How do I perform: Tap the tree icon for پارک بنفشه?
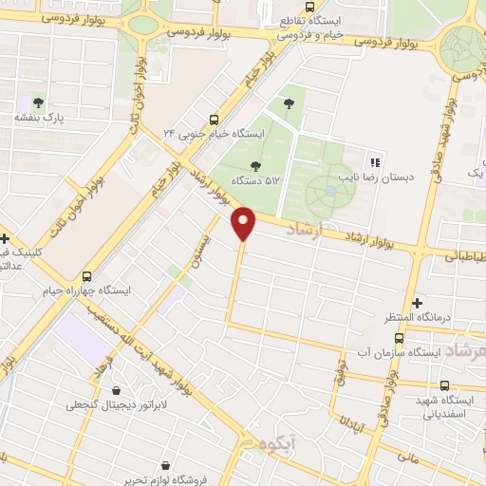click(38, 103)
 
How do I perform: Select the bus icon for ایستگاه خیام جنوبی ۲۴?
click(213, 121)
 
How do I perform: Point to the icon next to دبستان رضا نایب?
click(373, 161)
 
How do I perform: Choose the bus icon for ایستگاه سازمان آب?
click(397, 337)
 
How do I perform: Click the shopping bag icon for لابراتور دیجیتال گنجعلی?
click(116, 390)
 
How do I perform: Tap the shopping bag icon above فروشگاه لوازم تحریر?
click(166, 466)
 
